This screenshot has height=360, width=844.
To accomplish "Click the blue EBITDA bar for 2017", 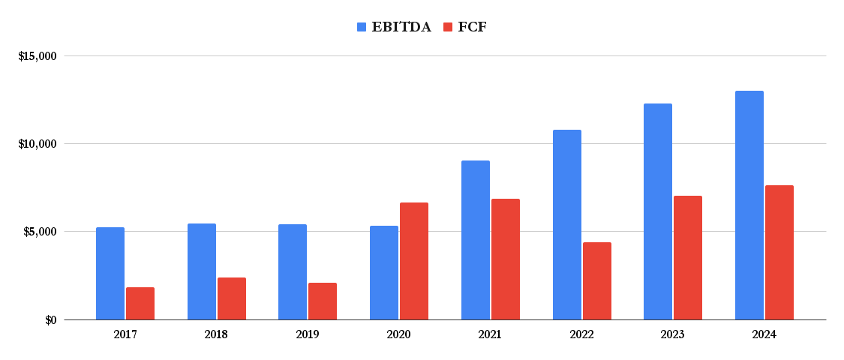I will point(110,274).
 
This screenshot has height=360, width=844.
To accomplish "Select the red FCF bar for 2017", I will point(140,303).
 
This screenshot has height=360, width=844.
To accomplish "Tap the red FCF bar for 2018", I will point(232,298).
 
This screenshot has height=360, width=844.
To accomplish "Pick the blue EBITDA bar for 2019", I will point(293,272).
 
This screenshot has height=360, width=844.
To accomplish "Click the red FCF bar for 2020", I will point(414,261).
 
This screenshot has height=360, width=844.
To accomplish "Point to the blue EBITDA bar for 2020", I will point(384,273).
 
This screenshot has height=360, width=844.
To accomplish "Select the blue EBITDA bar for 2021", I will point(476,240).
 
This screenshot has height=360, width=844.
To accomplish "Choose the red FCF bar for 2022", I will point(597,281).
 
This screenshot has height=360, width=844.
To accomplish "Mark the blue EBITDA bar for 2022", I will point(567,225).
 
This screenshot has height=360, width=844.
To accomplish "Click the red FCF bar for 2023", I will point(688,258).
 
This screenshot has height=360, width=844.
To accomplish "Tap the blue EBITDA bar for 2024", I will point(749,205).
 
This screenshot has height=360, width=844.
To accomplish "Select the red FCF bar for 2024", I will point(779,253).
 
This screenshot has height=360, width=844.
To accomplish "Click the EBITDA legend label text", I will point(401,27).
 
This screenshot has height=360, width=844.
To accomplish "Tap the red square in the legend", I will point(448,27).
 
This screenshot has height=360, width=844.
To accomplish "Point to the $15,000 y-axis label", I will point(38,56).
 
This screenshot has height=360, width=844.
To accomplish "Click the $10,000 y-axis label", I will point(38,144).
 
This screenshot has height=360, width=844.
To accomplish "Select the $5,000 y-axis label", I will point(41,232).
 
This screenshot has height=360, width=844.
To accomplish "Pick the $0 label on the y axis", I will point(50,320).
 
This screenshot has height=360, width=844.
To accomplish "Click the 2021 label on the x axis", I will point(490,334).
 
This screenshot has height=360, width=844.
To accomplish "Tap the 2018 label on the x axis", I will point(216,334).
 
